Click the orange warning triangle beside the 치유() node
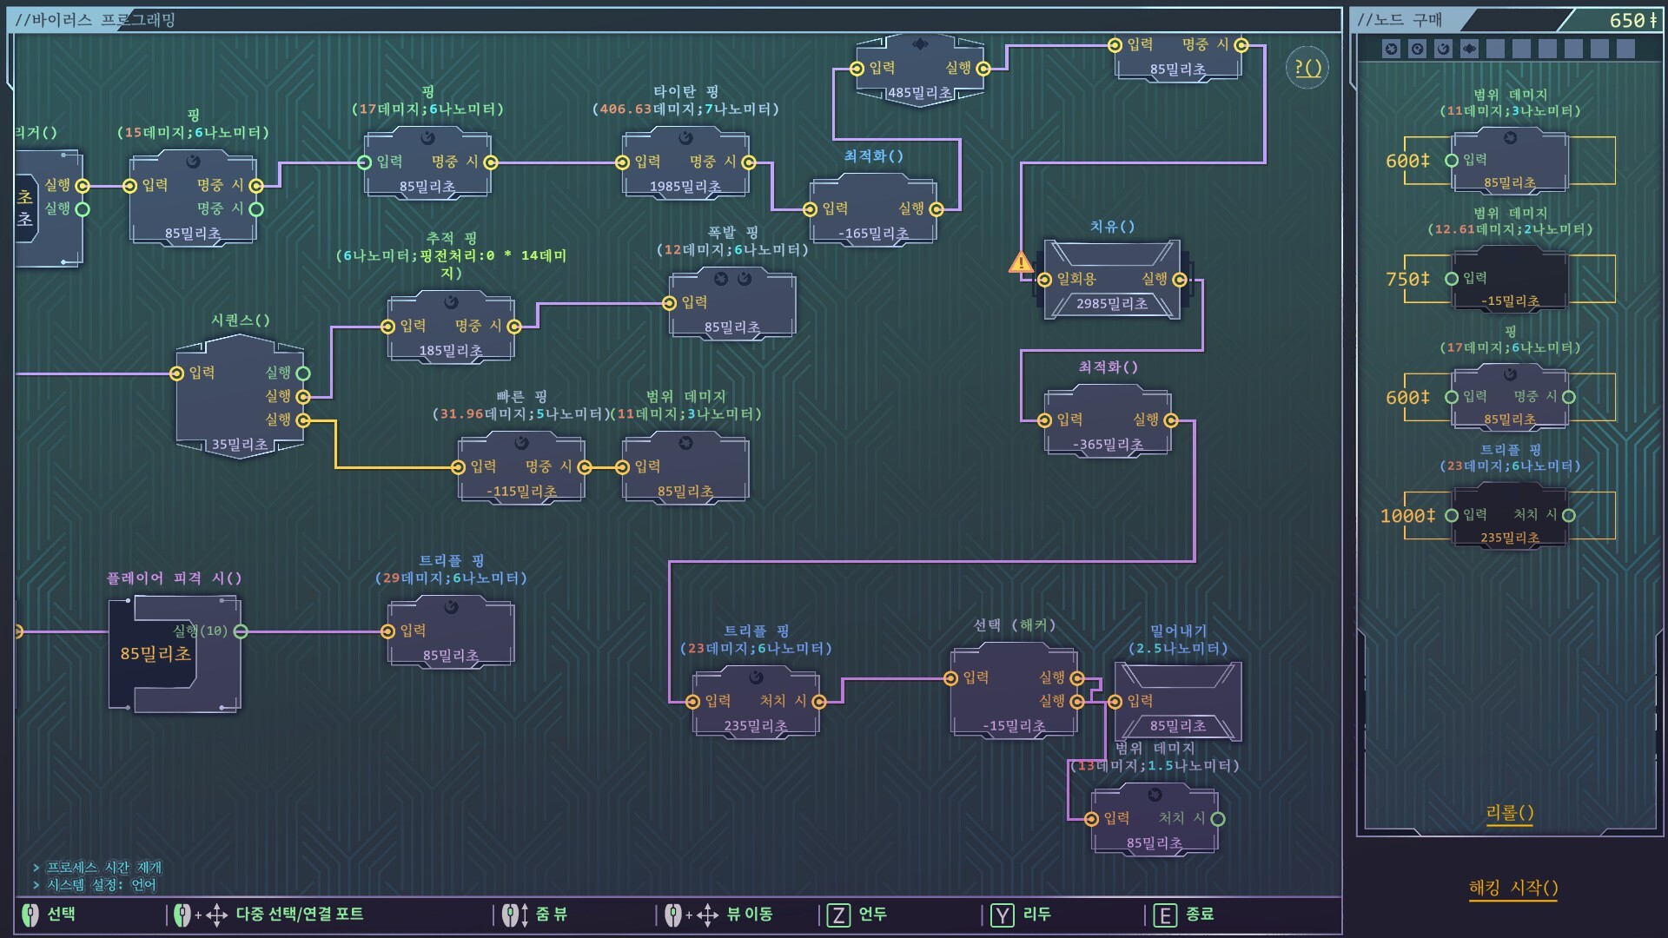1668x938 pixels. [1021, 262]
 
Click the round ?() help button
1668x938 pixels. [1307, 68]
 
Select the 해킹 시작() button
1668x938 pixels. [1512, 888]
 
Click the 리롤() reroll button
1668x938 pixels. [1510, 813]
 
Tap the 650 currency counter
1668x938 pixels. [1632, 20]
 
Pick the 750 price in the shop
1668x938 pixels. [1407, 279]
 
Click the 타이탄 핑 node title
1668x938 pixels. [685, 91]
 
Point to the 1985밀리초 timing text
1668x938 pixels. [685, 187]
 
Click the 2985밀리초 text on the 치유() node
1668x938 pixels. [1112, 303]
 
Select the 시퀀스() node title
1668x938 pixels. [241, 320]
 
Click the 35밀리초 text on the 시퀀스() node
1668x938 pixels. [240, 445]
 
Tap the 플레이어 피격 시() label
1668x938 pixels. [174, 578]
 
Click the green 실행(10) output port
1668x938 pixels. [241, 631]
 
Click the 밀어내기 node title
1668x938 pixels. [1178, 631]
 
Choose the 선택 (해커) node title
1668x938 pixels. [1014, 625]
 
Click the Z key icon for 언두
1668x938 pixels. [838, 915]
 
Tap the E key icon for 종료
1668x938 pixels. [1165, 915]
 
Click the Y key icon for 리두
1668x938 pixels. [1003, 915]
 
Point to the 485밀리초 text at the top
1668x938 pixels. [919, 93]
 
